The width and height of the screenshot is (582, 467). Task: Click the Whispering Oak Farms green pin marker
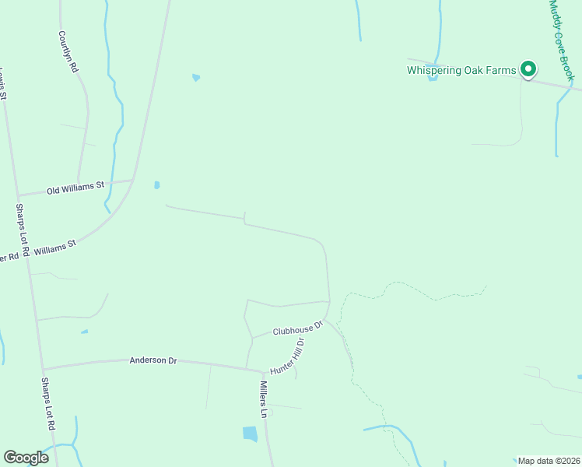coord(528,70)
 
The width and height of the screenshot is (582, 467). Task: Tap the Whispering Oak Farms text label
coord(461,70)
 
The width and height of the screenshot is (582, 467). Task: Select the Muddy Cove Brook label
coord(561,39)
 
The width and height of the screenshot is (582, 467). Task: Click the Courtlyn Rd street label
coord(68,52)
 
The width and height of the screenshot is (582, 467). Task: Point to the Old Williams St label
coord(75,188)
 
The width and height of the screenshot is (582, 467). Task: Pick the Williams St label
coord(61,245)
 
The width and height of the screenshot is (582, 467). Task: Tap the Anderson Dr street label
coord(153,360)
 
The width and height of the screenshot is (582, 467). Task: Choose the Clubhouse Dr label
coord(297,329)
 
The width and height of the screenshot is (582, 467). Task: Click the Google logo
coord(26,458)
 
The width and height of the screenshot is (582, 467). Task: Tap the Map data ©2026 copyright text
coord(549,461)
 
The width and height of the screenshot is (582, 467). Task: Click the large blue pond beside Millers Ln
coord(250,434)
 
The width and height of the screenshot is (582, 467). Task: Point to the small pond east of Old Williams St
coord(157,185)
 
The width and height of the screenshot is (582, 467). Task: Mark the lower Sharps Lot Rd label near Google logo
coord(47,405)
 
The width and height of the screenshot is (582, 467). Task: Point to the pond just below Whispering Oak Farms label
coord(433,78)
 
